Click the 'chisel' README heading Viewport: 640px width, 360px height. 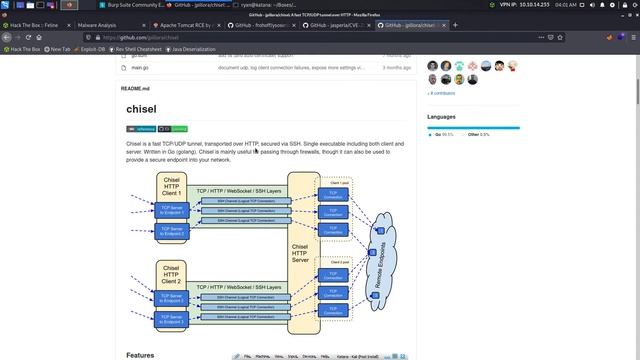pyautogui.click(x=141, y=109)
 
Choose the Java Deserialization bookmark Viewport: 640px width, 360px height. pyautogui.click(x=193, y=48)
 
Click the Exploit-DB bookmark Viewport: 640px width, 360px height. pyautogui.click(x=91, y=48)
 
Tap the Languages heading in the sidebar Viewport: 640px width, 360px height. pyautogui.click(x=441, y=117)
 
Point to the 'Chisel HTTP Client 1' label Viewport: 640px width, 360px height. pyautogui.click(x=171, y=185)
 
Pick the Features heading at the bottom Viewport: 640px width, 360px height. pyautogui.click(x=140, y=354)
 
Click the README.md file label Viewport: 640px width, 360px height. pyautogui.click(x=135, y=89)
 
